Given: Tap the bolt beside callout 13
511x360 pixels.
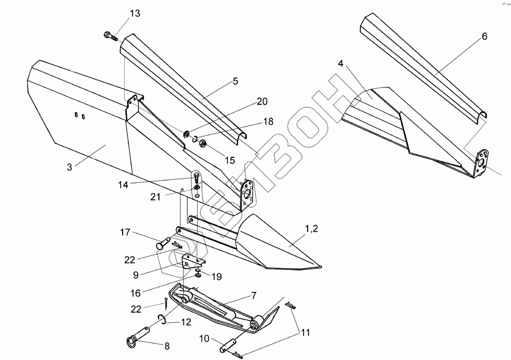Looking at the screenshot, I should (x=110, y=36).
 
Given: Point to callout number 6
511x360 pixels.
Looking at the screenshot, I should (x=484, y=36).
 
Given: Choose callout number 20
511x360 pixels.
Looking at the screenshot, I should (x=262, y=102).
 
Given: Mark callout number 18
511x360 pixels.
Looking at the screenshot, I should (x=268, y=122).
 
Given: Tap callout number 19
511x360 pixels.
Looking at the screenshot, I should (x=217, y=277).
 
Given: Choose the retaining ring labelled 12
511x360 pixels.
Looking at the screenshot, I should (x=161, y=320).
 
